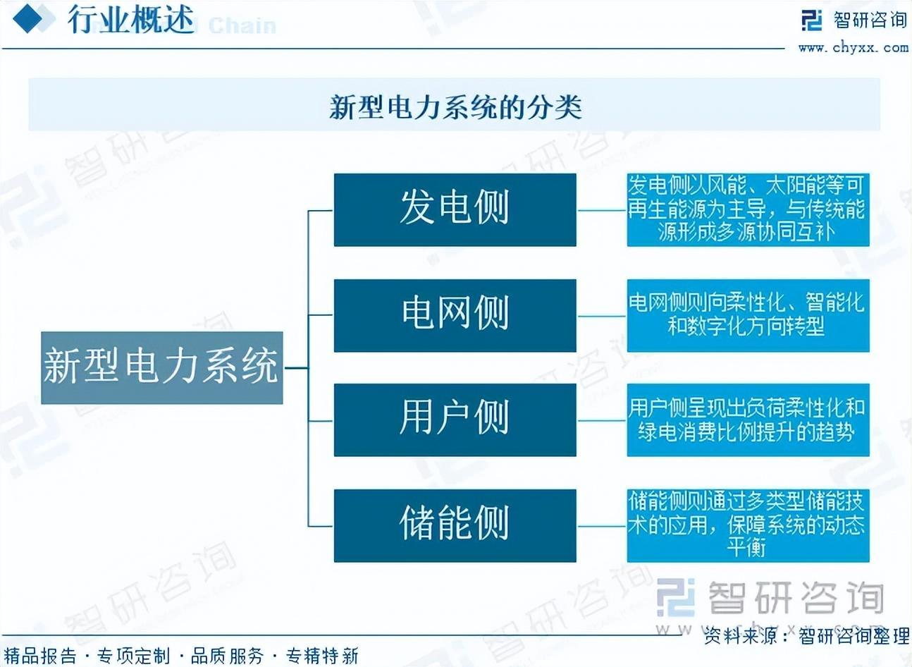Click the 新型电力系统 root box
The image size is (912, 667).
162,368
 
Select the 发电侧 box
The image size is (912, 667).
455,209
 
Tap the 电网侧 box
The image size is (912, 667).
455,316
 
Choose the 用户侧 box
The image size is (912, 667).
455,420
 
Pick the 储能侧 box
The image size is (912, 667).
455,526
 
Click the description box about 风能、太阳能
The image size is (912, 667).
748,209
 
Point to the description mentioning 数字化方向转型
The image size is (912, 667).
748,316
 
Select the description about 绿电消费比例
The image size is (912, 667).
748,420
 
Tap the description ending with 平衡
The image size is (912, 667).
748,526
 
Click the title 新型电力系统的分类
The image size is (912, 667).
455,107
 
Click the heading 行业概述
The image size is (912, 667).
130,20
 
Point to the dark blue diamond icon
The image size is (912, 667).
27,19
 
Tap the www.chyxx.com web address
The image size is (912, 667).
854,48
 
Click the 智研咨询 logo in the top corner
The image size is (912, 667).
854,20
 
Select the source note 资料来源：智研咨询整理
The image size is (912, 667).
806,636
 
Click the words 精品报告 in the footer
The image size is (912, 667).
40,656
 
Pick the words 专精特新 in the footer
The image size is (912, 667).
322,656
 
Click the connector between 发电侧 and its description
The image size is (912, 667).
602,211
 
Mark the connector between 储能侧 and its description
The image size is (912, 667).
602,526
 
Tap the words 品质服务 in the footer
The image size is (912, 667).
227,656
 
